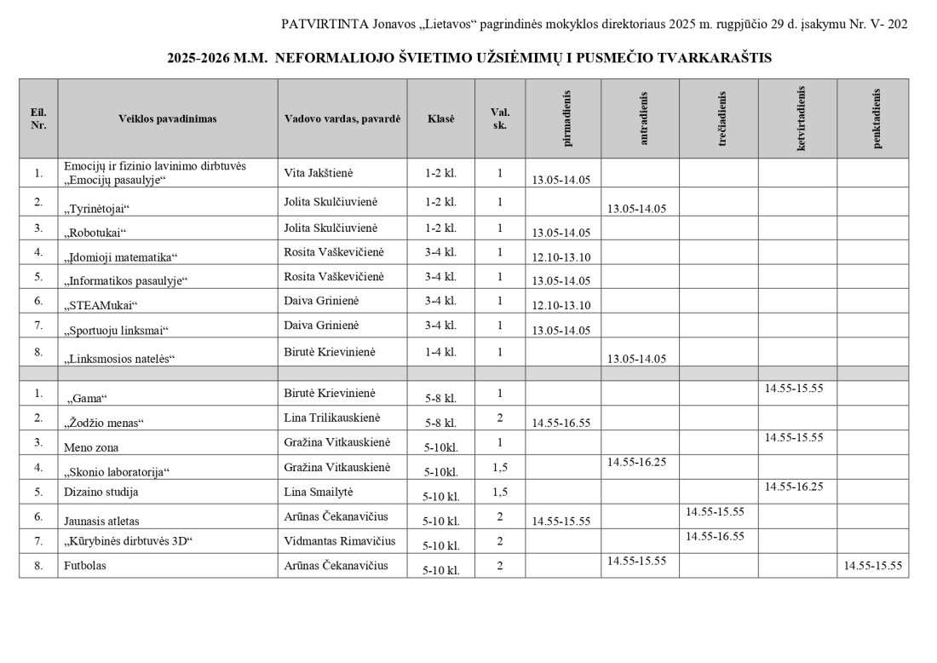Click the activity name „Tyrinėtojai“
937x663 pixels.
click(96, 208)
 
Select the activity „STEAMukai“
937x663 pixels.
click(101, 305)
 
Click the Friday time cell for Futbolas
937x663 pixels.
click(872, 565)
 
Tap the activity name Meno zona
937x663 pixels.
click(91, 447)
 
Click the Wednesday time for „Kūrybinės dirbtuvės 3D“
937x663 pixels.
click(715, 536)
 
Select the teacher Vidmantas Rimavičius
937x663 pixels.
click(337, 540)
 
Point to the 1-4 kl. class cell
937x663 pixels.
click(440, 352)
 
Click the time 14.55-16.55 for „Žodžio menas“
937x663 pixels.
click(560, 422)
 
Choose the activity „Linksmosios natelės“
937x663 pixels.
click(119, 359)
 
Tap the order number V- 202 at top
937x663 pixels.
click(886, 24)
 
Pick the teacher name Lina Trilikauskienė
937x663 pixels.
click(336, 418)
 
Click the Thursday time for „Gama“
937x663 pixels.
click(794, 388)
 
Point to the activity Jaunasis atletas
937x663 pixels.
click(101, 520)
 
